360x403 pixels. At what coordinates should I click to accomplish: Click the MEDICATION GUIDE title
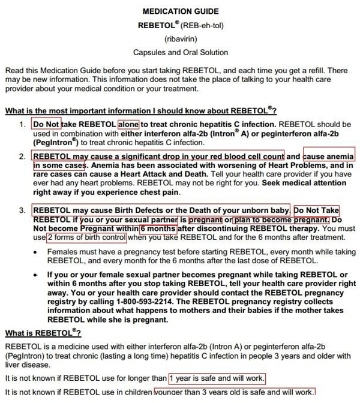coord(180,11)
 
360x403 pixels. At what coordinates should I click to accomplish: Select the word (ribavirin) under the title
coord(180,39)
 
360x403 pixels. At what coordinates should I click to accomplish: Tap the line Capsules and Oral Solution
coord(180,53)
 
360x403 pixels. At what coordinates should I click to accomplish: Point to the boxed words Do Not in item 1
coord(46,125)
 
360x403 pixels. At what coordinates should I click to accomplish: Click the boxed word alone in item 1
coord(128,125)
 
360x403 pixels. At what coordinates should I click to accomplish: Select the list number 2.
coord(22,157)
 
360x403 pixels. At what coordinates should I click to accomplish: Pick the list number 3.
coord(22,210)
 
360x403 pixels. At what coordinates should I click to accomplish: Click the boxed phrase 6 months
coord(157,228)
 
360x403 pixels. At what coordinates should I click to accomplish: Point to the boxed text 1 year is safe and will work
coord(217,379)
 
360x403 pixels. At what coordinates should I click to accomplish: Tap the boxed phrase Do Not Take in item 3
coord(316,210)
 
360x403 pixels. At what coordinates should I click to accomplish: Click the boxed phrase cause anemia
coord(329,157)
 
